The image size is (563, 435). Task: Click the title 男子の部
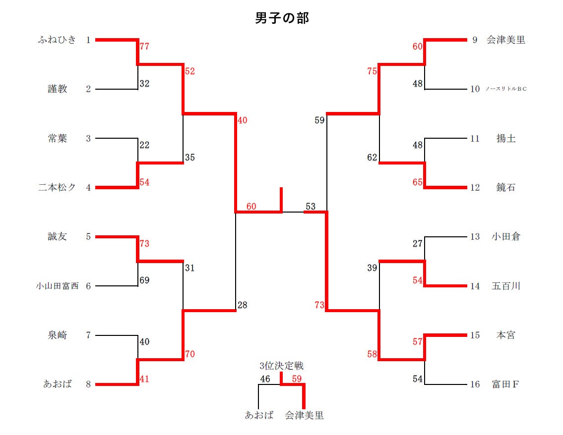(x=282, y=18)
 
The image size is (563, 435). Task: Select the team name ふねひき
(x=57, y=40)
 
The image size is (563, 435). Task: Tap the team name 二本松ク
(x=57, y=188)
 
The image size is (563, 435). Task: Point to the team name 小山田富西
(x=57, y=286)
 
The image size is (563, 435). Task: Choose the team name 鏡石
(x=505, y=188)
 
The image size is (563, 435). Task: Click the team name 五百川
(x=505, y=286)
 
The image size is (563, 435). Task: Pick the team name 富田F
(x=505, y=384)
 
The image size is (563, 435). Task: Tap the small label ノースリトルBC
(x=505, y=89)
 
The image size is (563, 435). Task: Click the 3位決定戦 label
(x=281, y=366)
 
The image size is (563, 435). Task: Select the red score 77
(x=144, y=47)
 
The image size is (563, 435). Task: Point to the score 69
(x=144, y=280)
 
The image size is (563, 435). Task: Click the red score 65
(x=417, y=182)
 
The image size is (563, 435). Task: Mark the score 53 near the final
(x=311, y=206)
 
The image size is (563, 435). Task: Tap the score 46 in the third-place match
(x=265, y=380)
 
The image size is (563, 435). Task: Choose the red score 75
(x=372, y=71)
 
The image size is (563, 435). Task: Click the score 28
(x=242, y=305)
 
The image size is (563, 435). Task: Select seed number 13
(x=475, y=237)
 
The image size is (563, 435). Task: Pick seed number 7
(x=88, y=335)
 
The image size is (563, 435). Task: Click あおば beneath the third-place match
(x=259, y=415)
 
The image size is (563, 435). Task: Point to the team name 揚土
(x=505, y=139)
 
